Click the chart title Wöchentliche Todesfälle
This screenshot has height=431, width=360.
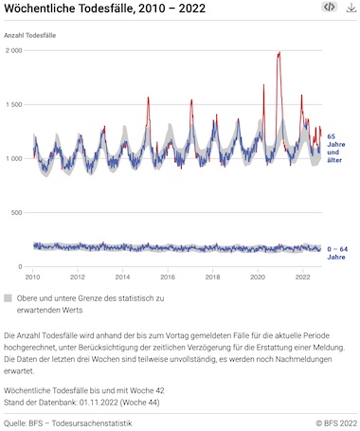(x=69, y=9)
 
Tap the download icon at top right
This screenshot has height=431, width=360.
(x=351, y=8)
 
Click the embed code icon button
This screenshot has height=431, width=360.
(x=330, y=7)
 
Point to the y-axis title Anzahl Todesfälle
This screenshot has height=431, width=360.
(x=30, y=35)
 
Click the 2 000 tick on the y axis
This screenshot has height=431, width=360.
(x=14, y=50)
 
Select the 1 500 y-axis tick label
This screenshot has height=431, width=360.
(x=14, y=104)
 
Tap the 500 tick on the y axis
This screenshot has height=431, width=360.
(x=17, y=212)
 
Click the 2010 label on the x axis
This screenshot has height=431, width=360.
(x=32, y=277)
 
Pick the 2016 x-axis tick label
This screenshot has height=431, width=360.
(x=168, y=277)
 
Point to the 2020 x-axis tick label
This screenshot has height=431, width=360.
(x=258, y=277)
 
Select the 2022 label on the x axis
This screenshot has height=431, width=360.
(x=302, y=277)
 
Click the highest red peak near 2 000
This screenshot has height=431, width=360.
(x=279, y=53)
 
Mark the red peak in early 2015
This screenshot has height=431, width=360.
(x=148, y=98)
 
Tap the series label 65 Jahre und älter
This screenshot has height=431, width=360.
(x=335, y=148)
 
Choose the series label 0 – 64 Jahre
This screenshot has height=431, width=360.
(x=337, y=253)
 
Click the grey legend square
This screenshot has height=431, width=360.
(x=8, y=298)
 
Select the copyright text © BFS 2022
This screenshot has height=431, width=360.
(x=336, y=423)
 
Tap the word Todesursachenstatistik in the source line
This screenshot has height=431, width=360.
(x=92, y=423)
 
